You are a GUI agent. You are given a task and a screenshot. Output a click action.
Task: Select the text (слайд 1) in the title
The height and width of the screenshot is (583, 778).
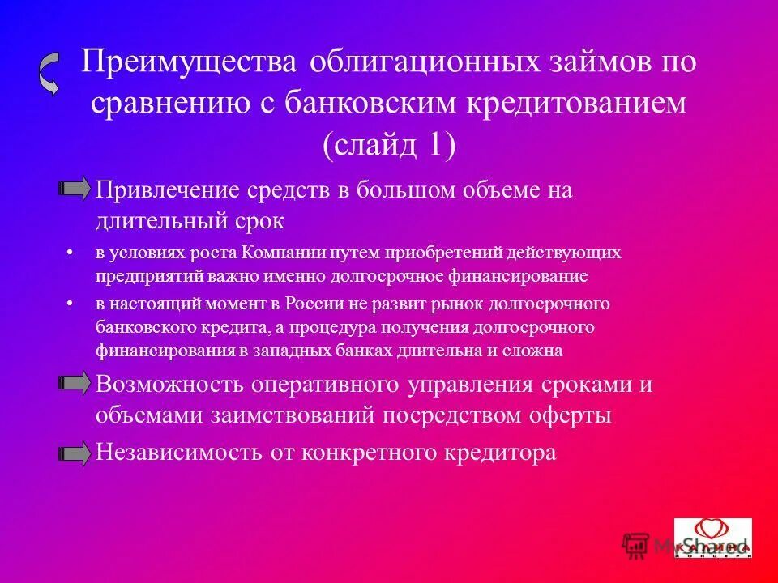coord(389,146)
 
